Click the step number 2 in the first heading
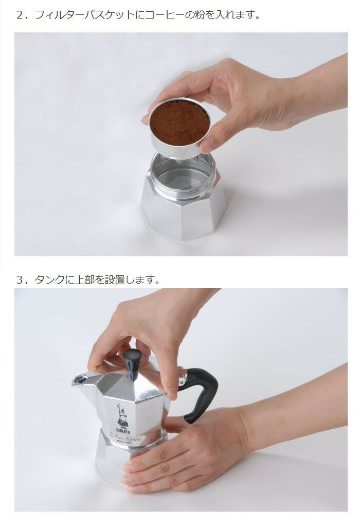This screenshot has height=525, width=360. (21, 15)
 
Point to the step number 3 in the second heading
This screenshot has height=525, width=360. (21, 280)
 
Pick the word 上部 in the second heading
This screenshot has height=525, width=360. (88, 280)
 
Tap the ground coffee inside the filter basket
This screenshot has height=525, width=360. (179, 122)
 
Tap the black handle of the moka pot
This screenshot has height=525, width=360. (201, 391)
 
